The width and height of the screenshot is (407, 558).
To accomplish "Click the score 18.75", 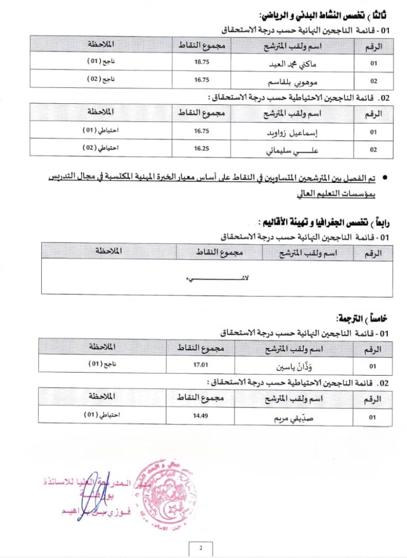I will (202, 63).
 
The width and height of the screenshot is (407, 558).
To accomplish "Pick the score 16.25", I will (202, 148).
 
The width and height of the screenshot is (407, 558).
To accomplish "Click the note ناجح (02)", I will (101, 79).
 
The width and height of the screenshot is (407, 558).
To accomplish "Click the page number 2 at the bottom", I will (201, 548).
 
